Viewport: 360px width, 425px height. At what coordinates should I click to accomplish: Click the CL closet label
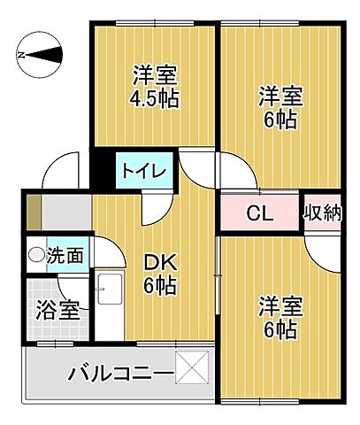point(258,213)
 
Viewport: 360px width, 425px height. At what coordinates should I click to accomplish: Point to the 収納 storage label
point(323,212)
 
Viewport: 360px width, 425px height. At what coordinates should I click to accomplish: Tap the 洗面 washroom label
point(65,256)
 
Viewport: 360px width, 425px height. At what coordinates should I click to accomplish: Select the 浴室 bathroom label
point(58,311)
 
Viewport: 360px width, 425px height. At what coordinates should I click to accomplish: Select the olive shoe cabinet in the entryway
point(33,213)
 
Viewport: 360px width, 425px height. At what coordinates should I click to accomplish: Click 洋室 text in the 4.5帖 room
point(156,73)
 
